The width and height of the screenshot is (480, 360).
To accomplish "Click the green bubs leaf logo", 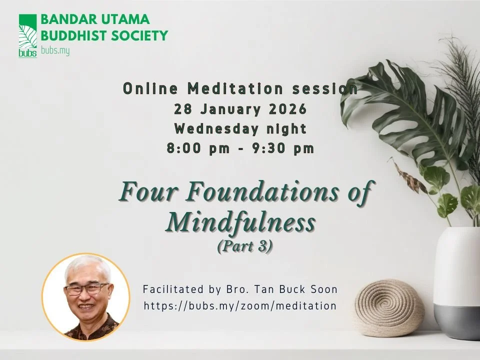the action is (x=27, y=36).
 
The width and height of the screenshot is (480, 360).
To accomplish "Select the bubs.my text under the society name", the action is (x=55, y=50).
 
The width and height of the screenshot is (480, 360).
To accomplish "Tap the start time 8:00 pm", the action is (x=198, y=148).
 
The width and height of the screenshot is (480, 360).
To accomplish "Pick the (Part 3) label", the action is (x=245, y=247).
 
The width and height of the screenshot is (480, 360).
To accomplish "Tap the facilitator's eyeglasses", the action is (x=87, y=289).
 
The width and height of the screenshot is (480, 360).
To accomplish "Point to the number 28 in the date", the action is (x=181, y=109).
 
